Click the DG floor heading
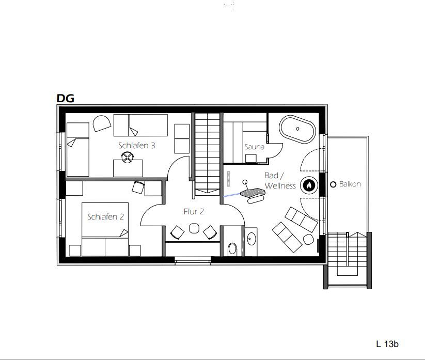pos(65,98)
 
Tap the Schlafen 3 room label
pos(137,146)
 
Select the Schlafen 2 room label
pos(105,216)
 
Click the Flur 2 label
pos(194,211)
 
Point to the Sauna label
pos(254,147)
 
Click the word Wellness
pos(280,186)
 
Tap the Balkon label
pos(350,184)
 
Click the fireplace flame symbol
pos(309,185)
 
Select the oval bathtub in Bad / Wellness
pos(297,129)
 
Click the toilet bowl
pos(232,248)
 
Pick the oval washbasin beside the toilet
pos(252,239)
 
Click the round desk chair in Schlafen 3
pos(128,157)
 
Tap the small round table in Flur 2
pos(194,228)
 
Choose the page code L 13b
pos(387,344)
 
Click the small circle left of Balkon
pos(333,184)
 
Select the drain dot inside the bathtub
pos(297,129)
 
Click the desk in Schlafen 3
pos(128,168)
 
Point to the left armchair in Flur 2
pos(178,232)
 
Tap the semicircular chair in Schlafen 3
pos(102,123)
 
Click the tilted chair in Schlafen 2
pos(138,187)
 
